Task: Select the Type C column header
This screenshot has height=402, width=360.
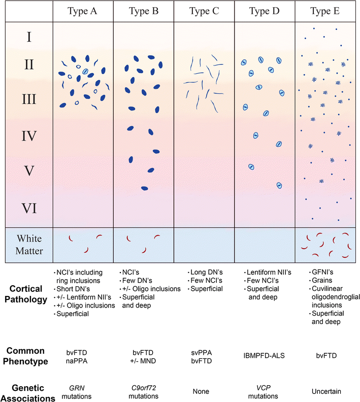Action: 204,11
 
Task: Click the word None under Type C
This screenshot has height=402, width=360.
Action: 204,391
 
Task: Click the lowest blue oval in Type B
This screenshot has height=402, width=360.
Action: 145,188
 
